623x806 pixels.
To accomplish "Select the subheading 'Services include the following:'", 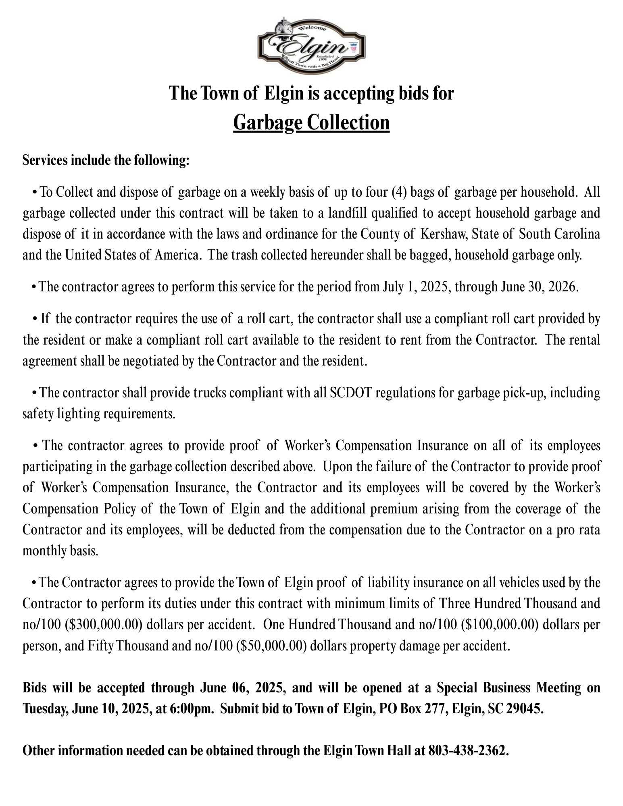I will [x=106, y=160].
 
